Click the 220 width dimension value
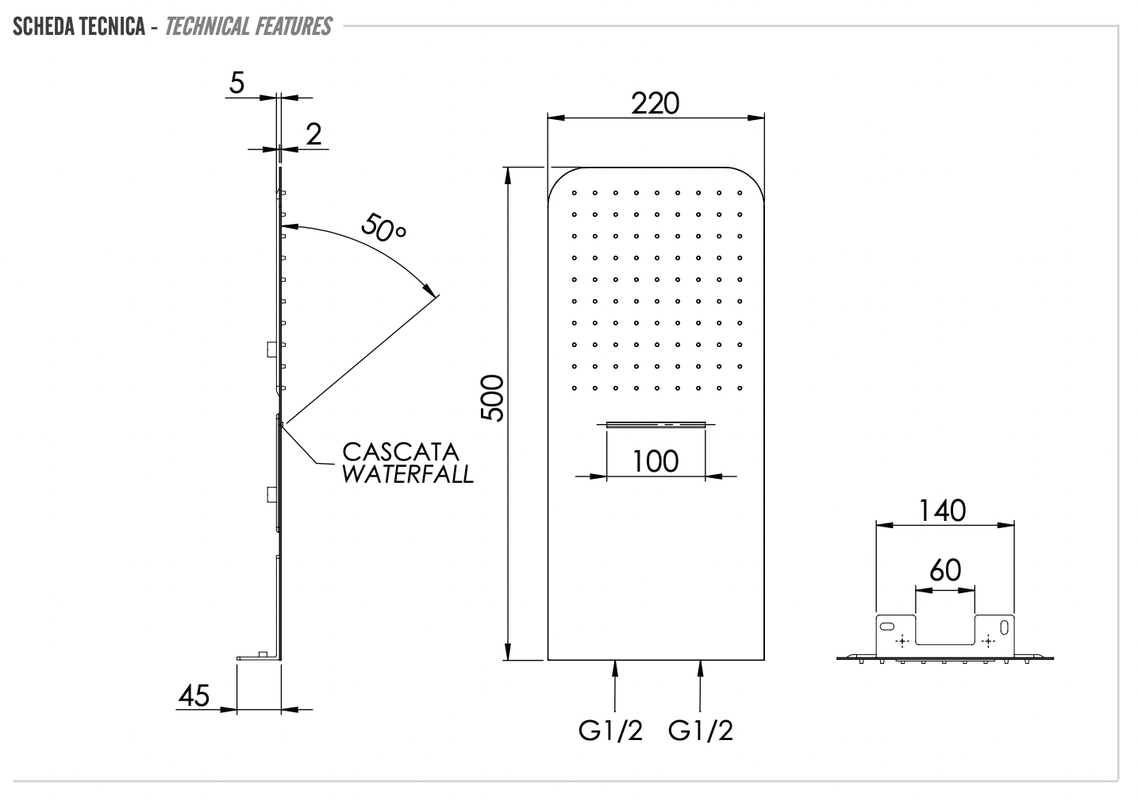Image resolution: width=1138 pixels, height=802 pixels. click(x=656, y=103)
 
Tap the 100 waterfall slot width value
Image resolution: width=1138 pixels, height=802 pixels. click(x=656, y=461)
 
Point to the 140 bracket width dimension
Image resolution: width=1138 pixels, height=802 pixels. click(x=943, y=510)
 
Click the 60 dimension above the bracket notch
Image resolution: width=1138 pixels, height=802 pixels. click(x=944, y=569)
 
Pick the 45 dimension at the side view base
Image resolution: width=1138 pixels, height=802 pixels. click(x=194, y=696)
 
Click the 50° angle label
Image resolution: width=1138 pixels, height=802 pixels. click(x=383, y=228)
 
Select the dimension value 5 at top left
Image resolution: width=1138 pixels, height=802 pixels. click(x=237, y=83)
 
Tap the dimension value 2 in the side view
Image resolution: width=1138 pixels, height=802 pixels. click(x=313, y=134)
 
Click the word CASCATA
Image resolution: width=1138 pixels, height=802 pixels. click(x=401, y=451)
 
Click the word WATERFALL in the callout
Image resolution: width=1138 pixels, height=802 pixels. click(x=408, y=475)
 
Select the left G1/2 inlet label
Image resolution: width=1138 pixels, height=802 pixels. click(x=610, y=731)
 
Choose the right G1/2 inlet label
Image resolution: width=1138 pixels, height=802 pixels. click(x=701, y=731)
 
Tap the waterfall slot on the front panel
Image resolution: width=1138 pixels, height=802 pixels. click(x=656, y=425)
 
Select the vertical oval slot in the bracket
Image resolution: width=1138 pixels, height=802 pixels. click(x=1004, y=627)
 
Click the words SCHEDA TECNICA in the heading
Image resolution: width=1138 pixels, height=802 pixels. click(x=78, y=27)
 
